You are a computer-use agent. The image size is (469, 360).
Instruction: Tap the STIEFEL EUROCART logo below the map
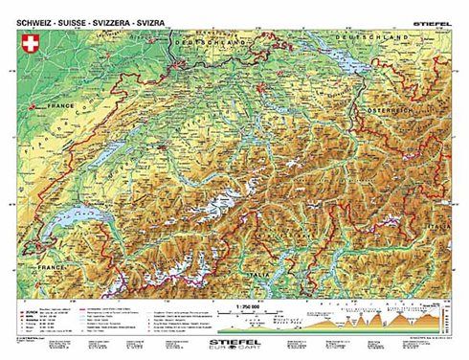[235, 339]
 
